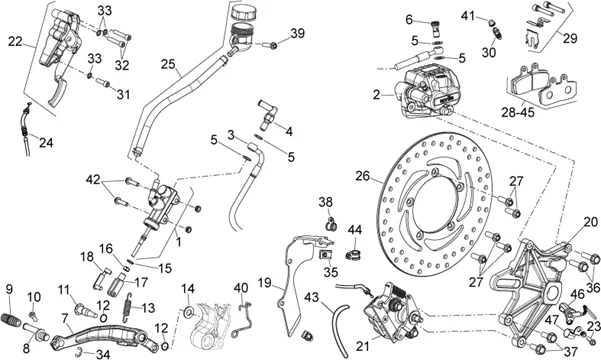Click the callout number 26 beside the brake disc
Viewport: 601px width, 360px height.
pos(362,176)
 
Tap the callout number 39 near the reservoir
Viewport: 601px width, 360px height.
pos(297,33)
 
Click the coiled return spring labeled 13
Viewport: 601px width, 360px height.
pos(129,307)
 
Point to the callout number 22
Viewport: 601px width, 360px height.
pos(15,41)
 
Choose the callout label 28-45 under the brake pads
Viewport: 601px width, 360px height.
pos(517,112)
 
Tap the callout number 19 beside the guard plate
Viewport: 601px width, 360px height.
pos(264,283)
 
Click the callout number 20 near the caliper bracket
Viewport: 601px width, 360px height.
pos(591,222)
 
